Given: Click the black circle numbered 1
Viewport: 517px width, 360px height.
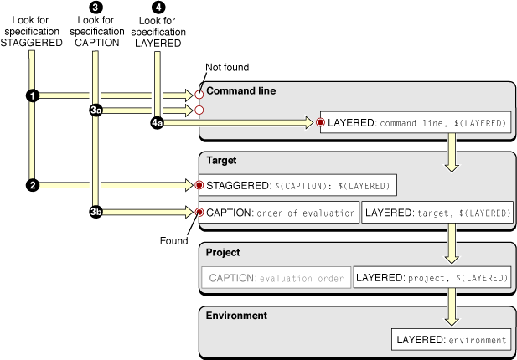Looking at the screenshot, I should click(x=33, y=96).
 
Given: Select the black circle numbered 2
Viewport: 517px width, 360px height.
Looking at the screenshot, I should click(x=33, y=185).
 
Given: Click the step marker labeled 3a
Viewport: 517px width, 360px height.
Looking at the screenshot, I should click(x=96, y=110).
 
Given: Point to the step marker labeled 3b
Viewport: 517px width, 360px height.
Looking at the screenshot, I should click(x=96, y=213).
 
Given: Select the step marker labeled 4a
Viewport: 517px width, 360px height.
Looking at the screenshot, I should click(x=157, y=123).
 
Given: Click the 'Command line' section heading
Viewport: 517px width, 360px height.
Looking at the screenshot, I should click(x=241, y=90).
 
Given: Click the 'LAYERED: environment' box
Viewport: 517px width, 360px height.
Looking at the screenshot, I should click(x=452, y=340).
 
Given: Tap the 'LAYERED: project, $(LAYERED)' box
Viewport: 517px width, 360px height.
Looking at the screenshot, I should click(x=432, y=277).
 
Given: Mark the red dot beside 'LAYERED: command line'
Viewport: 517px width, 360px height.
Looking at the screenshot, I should click(x=320, y=123).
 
